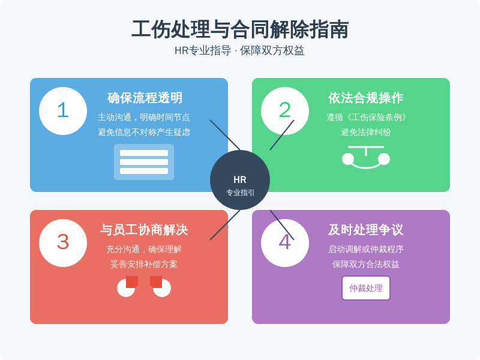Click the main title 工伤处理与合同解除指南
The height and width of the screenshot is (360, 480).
pyautogui.click(x=240, y=29)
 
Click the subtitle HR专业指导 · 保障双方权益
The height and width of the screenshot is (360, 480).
pyautogui.click(x=239, y=50)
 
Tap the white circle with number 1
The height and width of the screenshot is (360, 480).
pyautogui.click(x=63, y=111)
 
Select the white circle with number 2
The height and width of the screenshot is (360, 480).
pyautogui.click(x=284, y=111)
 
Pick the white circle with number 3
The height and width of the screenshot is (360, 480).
pyautogui.click(x=63, y=243)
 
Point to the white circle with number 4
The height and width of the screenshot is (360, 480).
pyautogui.click(x=284, y=243)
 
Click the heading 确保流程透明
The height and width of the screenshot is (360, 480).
pyautogui.click(x=145, y=98)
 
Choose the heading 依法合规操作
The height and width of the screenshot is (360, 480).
pyautogui.click(x=366, y=98)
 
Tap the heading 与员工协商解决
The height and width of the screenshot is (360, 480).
pyautogui.click(x=144, y=230)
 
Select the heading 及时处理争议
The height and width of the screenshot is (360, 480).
pyautogui.click(x=366, y=230)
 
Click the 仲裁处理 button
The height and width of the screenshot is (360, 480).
pyautogui.click(x=366, y=288)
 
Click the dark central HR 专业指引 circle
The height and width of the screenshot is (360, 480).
pyautogui.click(x=240, y=180)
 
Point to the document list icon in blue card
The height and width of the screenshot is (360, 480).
pyautogui.click(x=144, y=162)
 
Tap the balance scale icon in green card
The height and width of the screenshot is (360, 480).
pyautogui.click(x=366, y=157)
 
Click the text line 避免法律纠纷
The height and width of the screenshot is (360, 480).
pyautogui.click(x=366, y=132)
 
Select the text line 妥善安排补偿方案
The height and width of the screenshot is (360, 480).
pyautogui.click(x=144, y=264)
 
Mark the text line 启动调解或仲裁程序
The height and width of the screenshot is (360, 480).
pyautogui.click(x=366, y=249)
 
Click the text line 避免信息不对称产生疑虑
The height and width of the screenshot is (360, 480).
pyautogui.click(x=144, y=132)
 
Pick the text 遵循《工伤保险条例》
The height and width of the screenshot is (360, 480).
pyautogui.click(x=366, y=117)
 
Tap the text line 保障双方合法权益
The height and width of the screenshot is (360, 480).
pyautogui.click(x=366, y=264)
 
